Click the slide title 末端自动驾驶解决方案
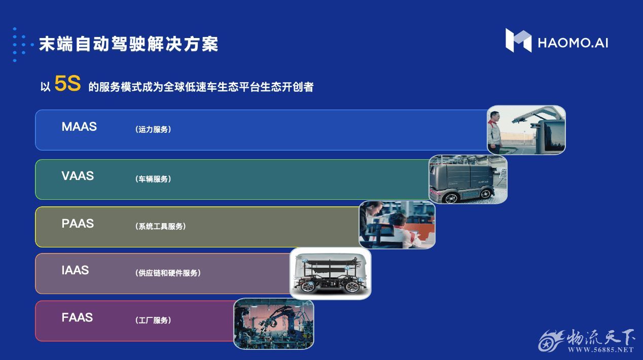click(128, 44)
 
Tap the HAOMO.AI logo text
click(573, 43)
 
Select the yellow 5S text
click(67, 83)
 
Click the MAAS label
click(79, 127)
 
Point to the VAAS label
click(78, 176)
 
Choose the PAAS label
click(78, 223)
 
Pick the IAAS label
click(75, 270)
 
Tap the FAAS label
click(77, 317)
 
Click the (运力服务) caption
click(153, 129)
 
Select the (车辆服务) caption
click(153, 179)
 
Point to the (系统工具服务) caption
click(160, 227)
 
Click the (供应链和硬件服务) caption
click(168, 273)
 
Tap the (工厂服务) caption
click(153, 320)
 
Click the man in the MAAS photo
click(494, 132)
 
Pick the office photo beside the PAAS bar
click(397, 225)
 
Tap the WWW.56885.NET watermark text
click(600, 350)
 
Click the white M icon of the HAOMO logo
click(518, 40)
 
